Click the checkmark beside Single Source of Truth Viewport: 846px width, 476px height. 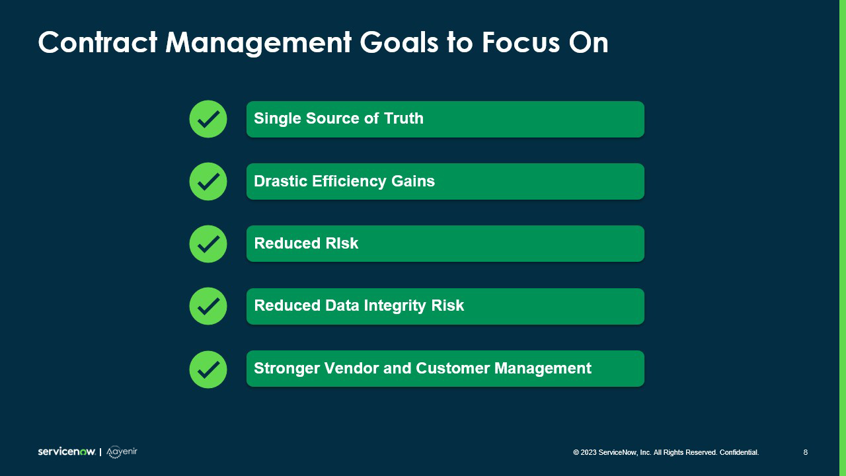tap(208, 119)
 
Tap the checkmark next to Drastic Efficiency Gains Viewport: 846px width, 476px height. tap(208, 181)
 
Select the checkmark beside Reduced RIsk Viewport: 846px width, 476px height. tap(208, 244)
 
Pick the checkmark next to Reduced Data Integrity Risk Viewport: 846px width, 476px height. tap(208, 306)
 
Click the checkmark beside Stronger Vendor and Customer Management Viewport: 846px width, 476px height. tap(208, 369)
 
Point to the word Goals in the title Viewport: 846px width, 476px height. tap(399, 43)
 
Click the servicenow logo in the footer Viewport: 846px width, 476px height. tap(66, 452)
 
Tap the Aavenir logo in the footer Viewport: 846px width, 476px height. tap(122, 452)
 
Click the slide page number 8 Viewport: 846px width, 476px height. tap(805, 452)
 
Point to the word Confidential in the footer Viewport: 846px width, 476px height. tap(739, 452)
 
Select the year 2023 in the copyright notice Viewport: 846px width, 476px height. tap(588, 452)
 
